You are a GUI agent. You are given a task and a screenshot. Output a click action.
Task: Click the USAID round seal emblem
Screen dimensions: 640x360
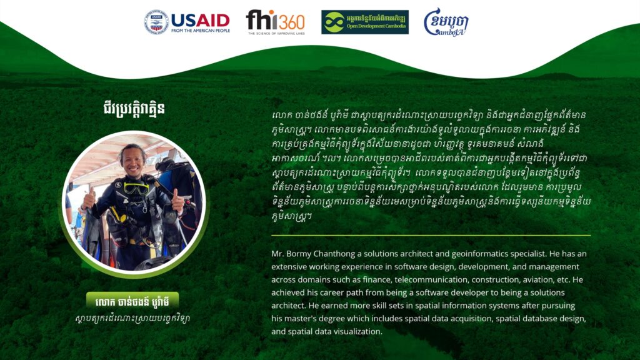click(156, 22)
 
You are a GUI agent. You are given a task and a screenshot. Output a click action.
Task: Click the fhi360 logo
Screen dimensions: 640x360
click(276, 22)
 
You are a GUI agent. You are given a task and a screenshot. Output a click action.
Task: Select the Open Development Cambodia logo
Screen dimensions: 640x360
click(365, 22)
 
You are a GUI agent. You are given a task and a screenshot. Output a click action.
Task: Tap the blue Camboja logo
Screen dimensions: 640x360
click(446, 22)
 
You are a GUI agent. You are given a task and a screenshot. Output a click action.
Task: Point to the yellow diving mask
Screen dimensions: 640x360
click(136, 189)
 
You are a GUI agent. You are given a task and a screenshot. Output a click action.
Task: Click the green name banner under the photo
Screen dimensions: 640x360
click(132, 302)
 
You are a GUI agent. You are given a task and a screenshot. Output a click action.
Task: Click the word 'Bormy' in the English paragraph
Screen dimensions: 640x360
click(299, 254)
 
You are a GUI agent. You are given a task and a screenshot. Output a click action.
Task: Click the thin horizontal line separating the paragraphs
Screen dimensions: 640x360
click(431, 236)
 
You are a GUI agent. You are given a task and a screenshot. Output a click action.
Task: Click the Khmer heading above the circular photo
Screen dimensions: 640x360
click(134, 109)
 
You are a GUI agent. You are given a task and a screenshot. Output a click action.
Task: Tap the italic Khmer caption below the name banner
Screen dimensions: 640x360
click(132, 318)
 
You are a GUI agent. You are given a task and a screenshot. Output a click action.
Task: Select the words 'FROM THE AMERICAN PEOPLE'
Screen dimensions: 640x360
click(201, 30)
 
